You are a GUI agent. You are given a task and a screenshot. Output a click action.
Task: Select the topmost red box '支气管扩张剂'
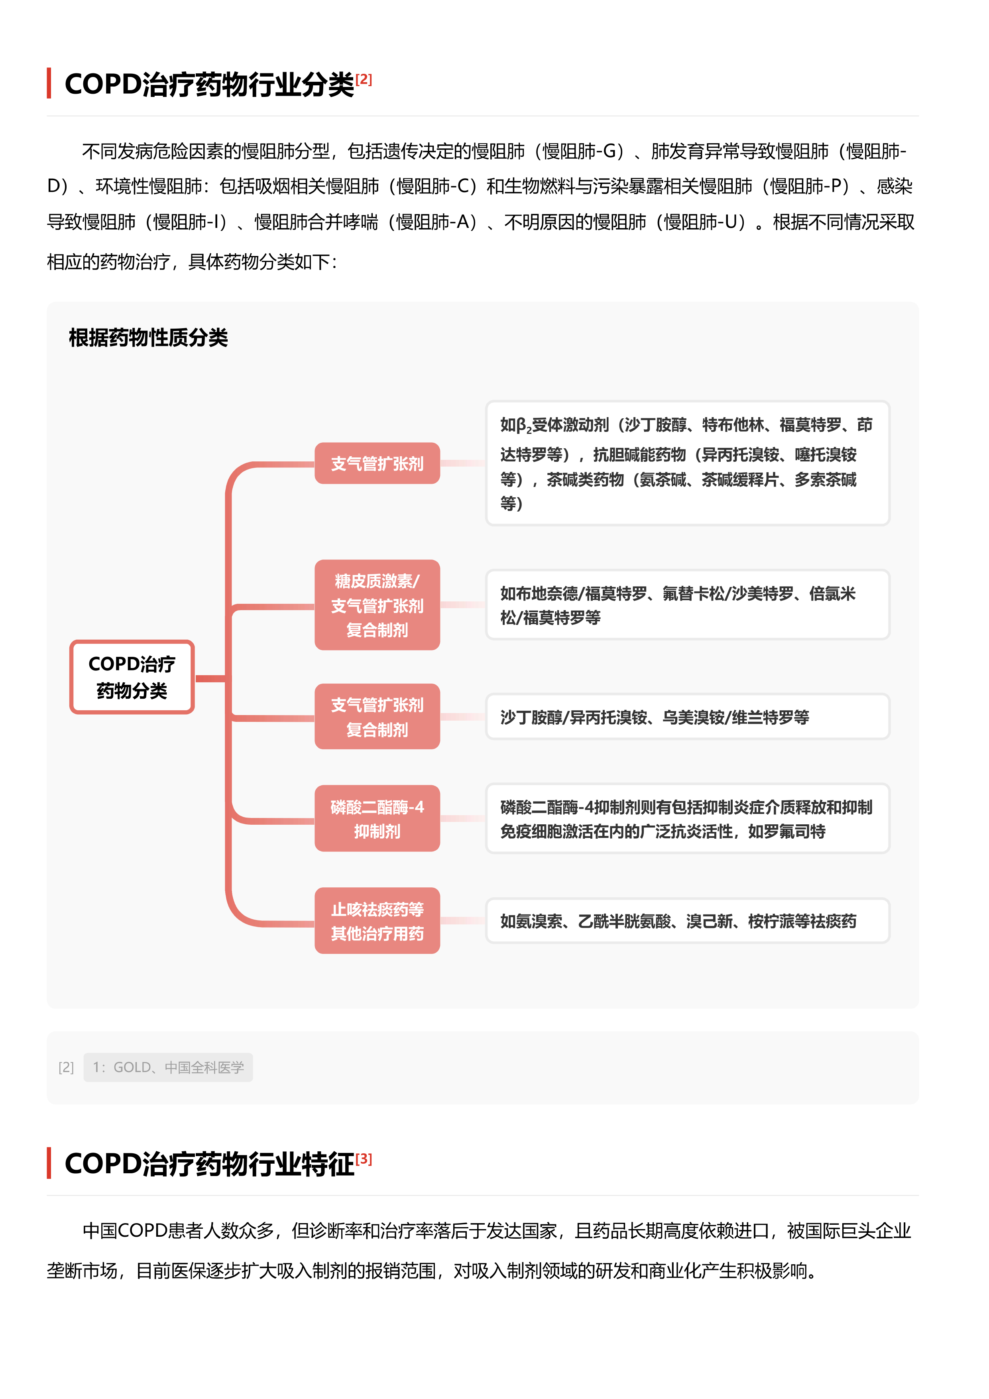(x=377, y=464)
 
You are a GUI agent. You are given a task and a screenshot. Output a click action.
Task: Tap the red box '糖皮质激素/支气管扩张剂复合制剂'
(x=377, y=605)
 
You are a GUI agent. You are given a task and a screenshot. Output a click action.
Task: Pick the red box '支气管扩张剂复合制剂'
(x=377, y=717)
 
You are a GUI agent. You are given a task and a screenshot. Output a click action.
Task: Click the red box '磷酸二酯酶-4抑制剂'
(x=377, y=818)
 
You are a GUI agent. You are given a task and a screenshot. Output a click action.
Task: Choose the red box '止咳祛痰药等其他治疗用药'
(x=377, y=921)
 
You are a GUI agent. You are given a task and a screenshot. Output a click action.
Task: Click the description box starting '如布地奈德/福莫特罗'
(x=688, y=605)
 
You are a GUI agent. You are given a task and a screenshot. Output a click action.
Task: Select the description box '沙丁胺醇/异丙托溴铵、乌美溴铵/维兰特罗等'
(x=688, y=717)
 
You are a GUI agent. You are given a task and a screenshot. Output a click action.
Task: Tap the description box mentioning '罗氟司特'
(x=688, y=818)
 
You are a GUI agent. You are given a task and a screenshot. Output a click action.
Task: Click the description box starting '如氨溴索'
(x=688, y=921)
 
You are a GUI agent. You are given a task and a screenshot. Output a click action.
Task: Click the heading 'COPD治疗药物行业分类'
(x=210, y=84)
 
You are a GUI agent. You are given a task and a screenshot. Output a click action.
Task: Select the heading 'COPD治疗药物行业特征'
(x=210, y=1164)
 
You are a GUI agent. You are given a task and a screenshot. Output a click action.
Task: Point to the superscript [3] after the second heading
(x=364, y=1158)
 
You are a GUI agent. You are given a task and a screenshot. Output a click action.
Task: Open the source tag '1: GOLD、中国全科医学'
(x=168, y=1068)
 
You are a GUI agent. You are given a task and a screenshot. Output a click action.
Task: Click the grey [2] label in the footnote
(x=67, y=1068)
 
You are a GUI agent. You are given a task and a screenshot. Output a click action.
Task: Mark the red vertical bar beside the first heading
(x=49, y=83)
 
